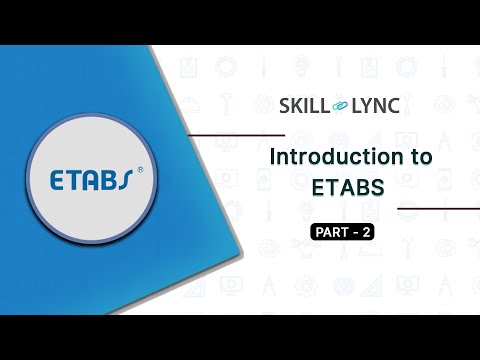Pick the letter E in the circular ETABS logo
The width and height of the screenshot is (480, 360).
59,180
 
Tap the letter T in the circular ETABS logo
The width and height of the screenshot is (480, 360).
77,180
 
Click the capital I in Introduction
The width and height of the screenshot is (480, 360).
275,158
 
